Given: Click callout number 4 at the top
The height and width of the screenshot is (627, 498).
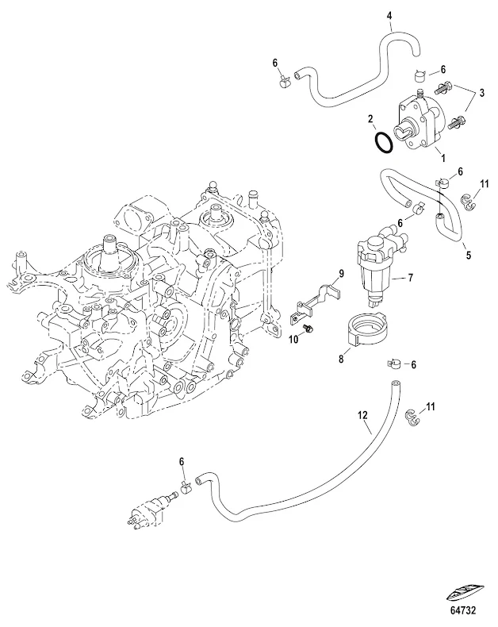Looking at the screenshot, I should click(389, 14).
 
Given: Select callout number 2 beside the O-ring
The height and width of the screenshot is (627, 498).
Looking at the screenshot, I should click(371, 120).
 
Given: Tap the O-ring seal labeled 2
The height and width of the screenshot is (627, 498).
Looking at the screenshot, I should click(382, 144).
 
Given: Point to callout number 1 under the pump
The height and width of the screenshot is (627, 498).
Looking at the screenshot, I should click(443, 159).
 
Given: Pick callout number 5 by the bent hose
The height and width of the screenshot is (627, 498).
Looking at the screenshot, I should click(468, 255).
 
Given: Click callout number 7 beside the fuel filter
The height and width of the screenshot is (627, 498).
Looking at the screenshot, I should click(411, 278).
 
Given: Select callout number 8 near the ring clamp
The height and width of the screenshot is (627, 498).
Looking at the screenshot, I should click(342, 359).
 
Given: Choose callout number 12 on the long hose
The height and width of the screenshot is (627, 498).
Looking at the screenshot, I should click(362, 415).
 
